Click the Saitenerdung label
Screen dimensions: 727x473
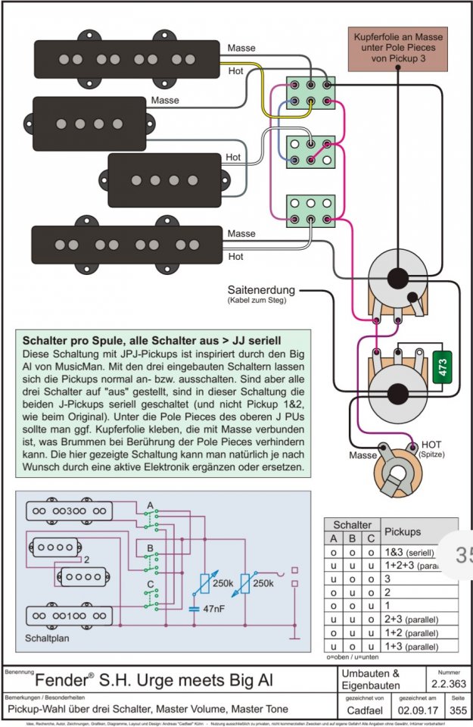(x=260, y=290)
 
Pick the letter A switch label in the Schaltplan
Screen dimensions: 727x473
(x=149, y=504)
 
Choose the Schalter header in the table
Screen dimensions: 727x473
(x=353, y=524)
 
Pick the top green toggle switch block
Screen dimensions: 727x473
(x=310, y=92)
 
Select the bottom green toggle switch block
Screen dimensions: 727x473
(x=310, y=210)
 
